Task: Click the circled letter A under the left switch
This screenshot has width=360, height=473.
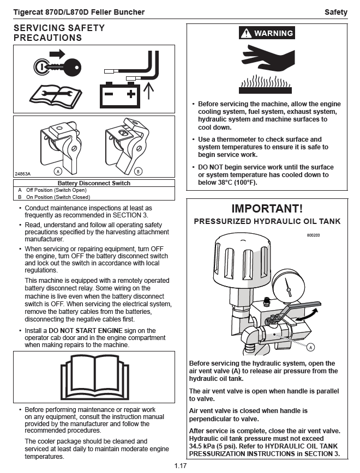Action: pos(57,171)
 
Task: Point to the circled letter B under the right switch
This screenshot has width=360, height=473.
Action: pos(138,171)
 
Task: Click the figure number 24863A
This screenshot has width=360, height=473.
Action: pos(22,174)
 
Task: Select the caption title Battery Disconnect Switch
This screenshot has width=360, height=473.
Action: pos(94,183)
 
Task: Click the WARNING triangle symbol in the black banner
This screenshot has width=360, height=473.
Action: pos(247,34)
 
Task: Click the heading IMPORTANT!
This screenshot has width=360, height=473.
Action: pos(267,208)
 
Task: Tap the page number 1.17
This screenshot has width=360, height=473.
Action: pos(181,466)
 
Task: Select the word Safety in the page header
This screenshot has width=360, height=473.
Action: pos(335,12)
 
